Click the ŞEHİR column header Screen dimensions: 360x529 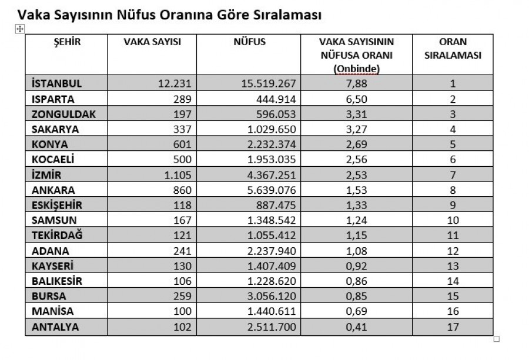point(66,42)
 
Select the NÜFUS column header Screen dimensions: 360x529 point(249,42)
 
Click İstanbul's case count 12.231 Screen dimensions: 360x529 point(176,83)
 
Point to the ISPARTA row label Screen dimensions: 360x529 point(53,99)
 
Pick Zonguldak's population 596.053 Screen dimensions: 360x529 point(274,115)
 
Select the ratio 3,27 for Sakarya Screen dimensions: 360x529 point(356,130)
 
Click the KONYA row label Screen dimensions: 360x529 point(49,145)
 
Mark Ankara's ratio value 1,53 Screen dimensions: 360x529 point(356,190)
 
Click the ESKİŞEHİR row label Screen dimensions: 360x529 point(58,206)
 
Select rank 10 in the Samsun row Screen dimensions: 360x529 point(453,221)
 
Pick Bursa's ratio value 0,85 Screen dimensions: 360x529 point(356,297)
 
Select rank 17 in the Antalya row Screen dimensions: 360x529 point(453,327)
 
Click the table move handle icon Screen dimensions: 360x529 point(19,28)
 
